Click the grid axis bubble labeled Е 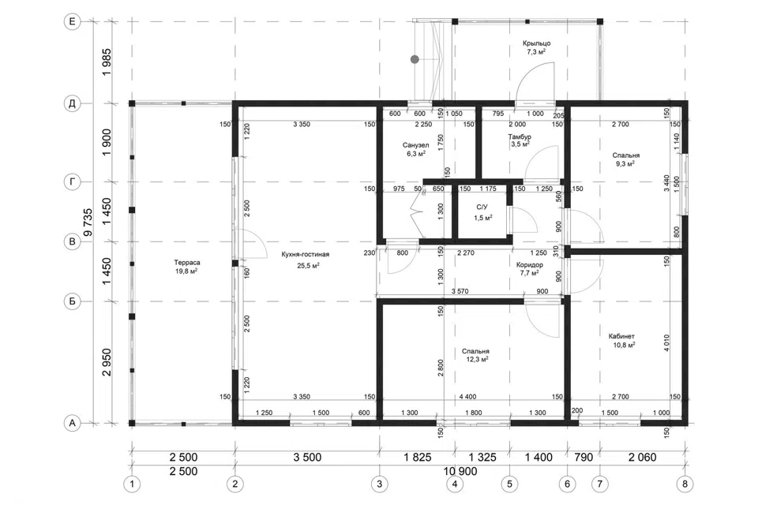(x=73, y=22)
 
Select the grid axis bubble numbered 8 (x=685, y=484)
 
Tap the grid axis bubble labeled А (x=73, y=423)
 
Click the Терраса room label (x=187, y=263)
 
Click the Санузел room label (x=416, y=145)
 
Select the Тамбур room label (x=520, y=137)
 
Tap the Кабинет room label (x=621, y=336)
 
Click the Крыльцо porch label (x=537, y=43)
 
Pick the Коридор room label (x=529, y=265)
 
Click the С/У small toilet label (x=482, y=208)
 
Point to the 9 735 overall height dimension (x=88, y=223)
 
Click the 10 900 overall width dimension (x=460, y=471)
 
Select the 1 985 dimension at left (x=107, y=62)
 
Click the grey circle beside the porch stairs (x=415, y=59)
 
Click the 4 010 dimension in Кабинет (x=666, y=342)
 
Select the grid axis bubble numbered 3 (x=379, y=484)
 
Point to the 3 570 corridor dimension (x=460, y=291)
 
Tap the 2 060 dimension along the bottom (x=642, y=457)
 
